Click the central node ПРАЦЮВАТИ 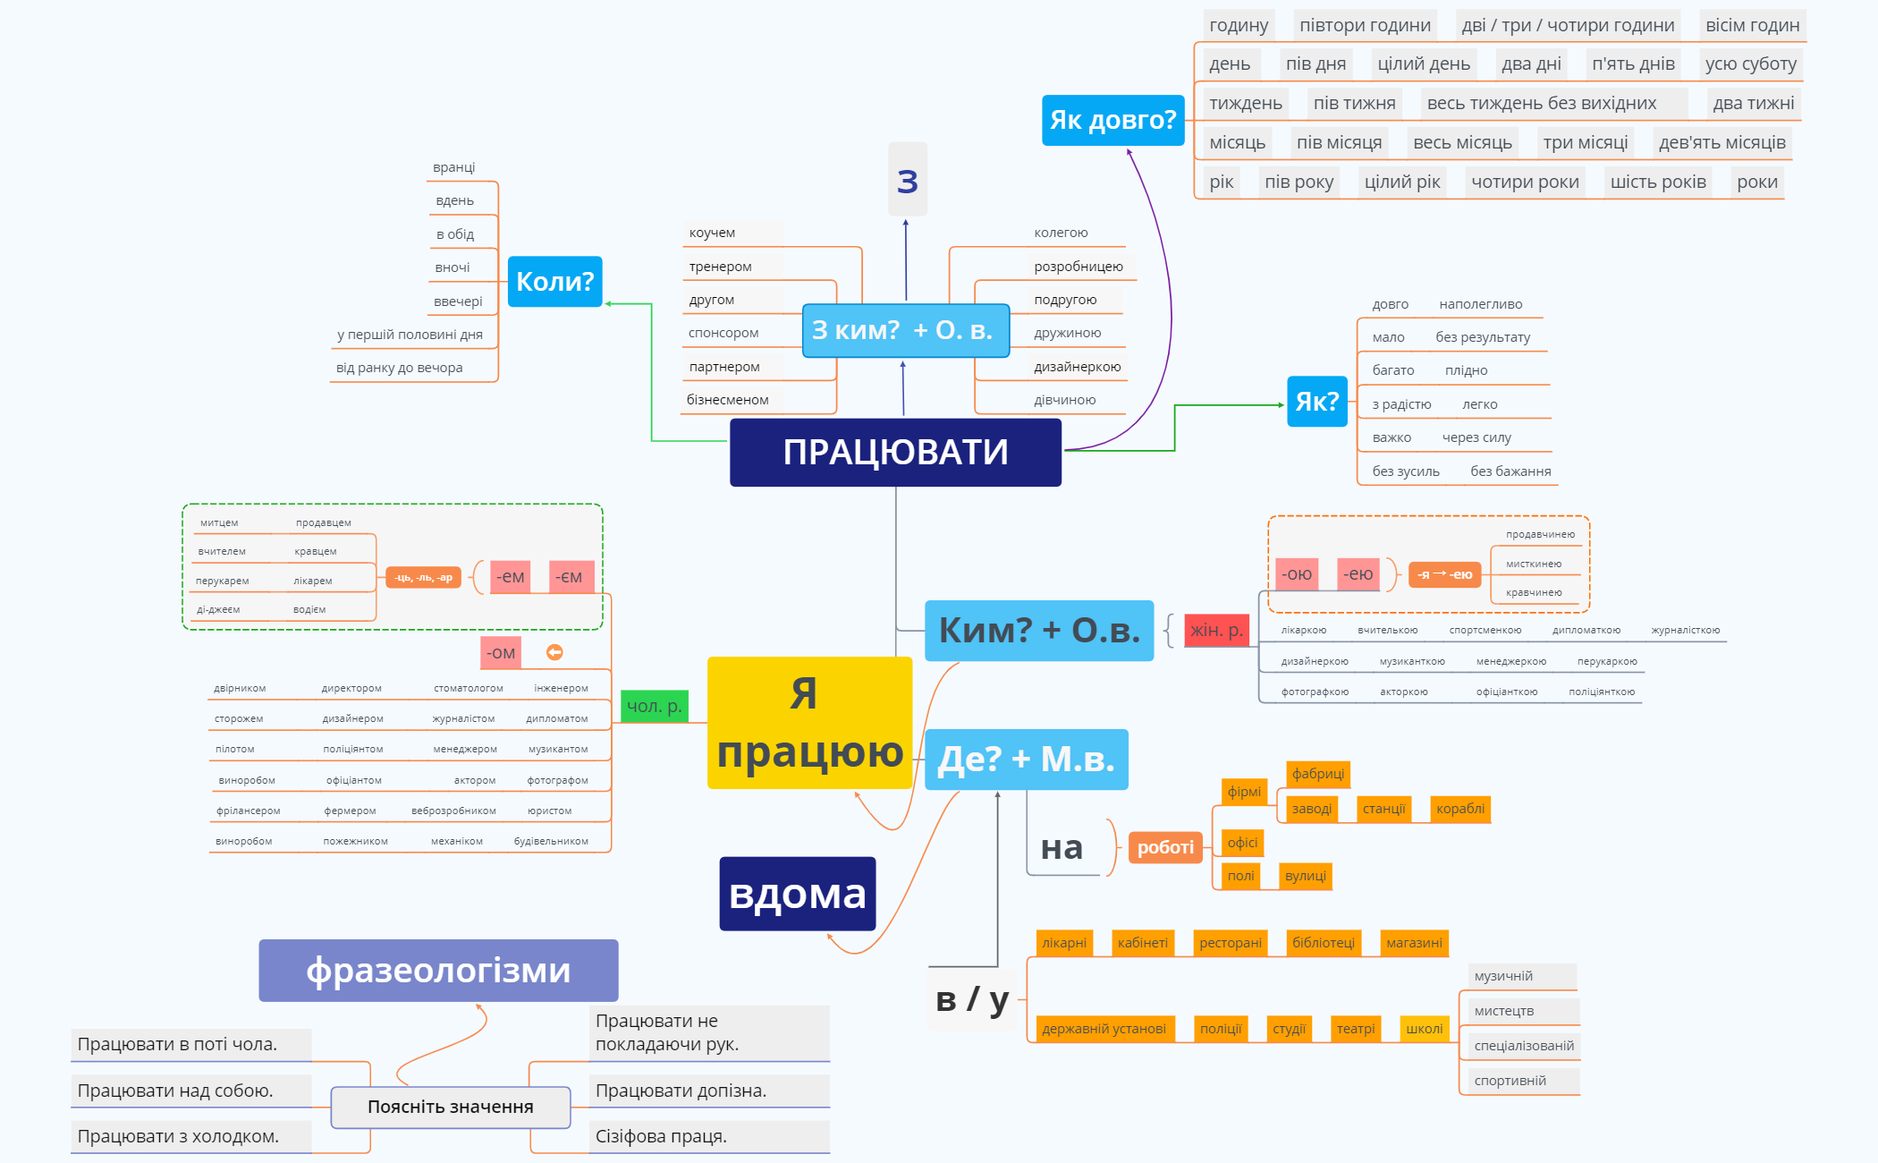pos(895,453)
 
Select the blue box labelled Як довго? pos(1112,120)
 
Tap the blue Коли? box pos(554,282)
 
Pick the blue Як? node pos(1316,402)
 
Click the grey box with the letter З pos(907,180)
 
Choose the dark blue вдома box pos(797,894)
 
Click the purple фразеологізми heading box pos(438,971)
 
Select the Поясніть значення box pos(451,1108)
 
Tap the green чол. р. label pos(655,706)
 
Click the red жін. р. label pos(1216,631)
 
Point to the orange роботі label pos(1165,847)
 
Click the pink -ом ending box pos(501,653)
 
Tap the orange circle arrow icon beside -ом pos(554,652)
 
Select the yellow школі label pos(1424,1029)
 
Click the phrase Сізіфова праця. pos(661,1136)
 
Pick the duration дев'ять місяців pos(1721,142)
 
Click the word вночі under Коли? pos(453,267)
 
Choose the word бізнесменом pos(727,400)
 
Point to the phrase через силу pos(1476,437)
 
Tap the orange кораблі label pos(1459,809)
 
